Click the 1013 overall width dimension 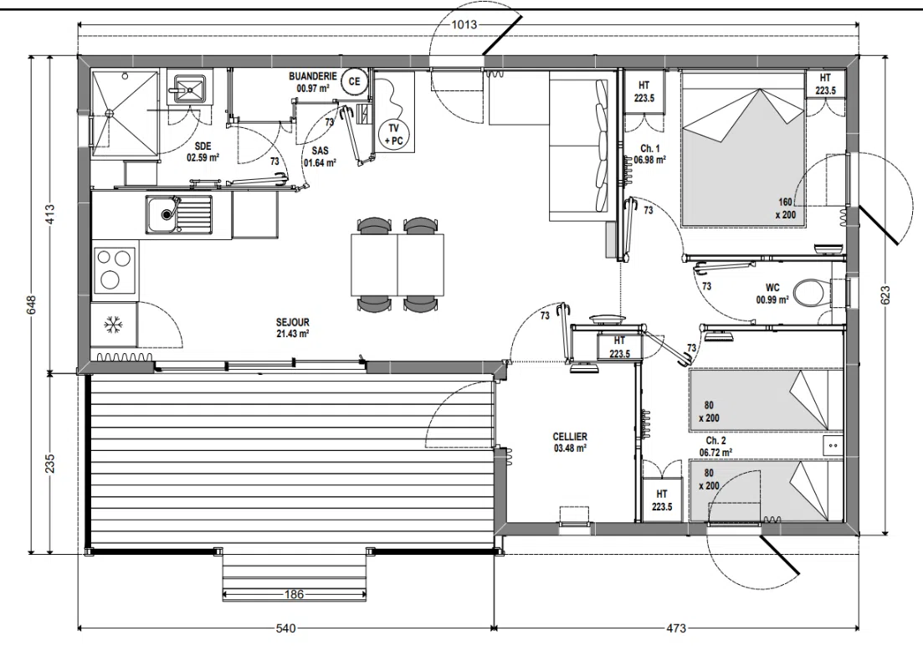[464, 25]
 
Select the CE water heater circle [354, 81]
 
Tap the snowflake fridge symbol [112, 325]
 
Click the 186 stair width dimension [294, 594]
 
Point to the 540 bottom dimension [285, 628]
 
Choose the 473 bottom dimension [676, 628]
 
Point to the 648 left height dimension [32, 305]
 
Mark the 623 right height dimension [886, 295]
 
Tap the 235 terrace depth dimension [50, 463]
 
